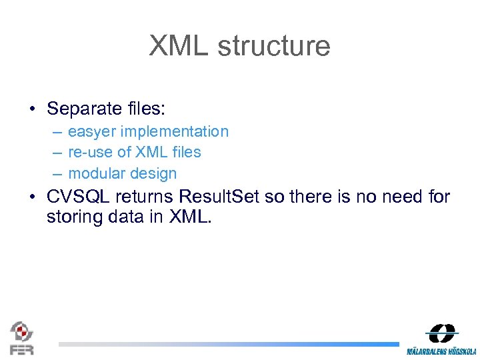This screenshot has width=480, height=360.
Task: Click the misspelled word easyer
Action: pos(91,132)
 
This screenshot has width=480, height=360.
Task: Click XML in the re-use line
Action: pos(151,152)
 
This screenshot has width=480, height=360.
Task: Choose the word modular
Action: pos(97,173)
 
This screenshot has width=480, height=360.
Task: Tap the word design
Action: pos(154,173)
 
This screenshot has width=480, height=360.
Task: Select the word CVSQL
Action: pos(79,197)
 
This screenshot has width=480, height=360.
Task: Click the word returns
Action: pos(150,197)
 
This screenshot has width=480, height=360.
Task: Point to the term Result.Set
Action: pos(221,197)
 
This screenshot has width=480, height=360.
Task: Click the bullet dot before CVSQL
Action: pos(31,198)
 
